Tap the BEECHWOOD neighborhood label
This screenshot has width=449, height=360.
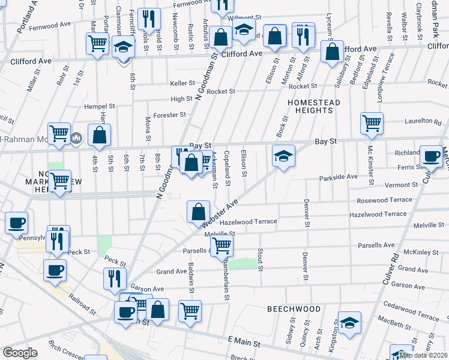pos(294,308)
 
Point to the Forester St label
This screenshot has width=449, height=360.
pos(170,115)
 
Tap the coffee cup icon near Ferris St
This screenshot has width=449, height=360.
pos(431,156)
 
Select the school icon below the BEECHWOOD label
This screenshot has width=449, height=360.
pos(349,323)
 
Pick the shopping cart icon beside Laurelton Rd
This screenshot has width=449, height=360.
pos(372,122)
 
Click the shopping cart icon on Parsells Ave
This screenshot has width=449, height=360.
pos(222,244)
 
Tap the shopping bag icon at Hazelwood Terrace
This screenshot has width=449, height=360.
pos(198,211)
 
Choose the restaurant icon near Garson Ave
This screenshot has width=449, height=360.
pos(114,278)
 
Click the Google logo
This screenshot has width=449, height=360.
pos(20,353)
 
